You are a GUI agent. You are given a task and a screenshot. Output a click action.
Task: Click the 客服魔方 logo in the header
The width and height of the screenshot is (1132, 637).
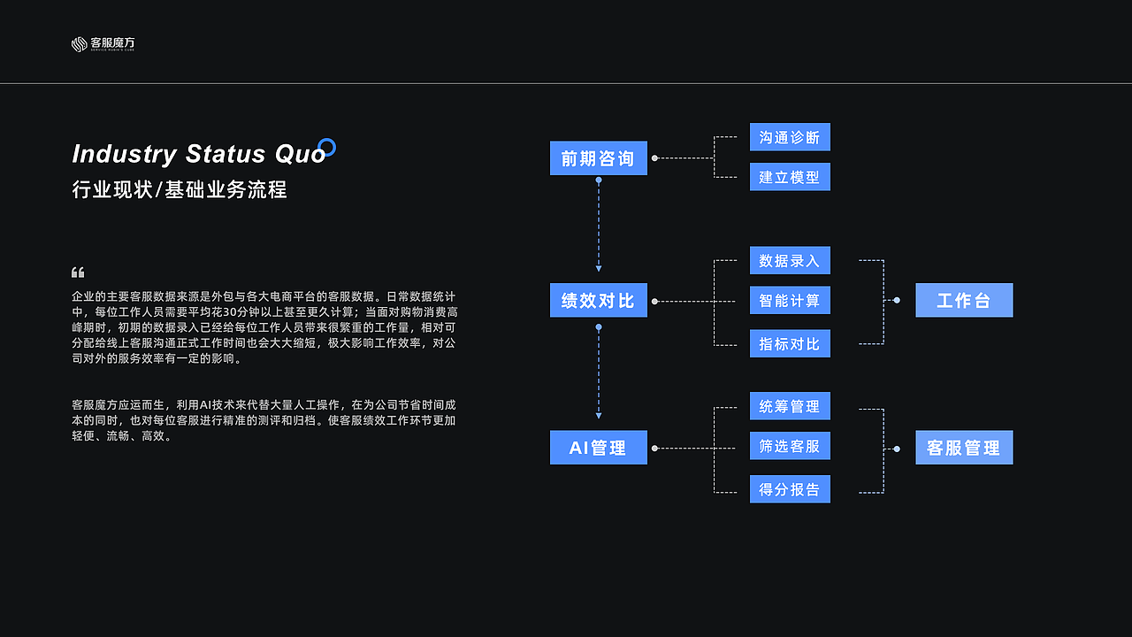click(103, 43)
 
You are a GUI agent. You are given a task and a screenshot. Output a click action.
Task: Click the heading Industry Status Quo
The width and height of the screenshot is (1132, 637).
click(199, 154)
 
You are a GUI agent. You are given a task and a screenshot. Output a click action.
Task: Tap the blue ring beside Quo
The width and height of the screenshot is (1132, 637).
click(326, 147)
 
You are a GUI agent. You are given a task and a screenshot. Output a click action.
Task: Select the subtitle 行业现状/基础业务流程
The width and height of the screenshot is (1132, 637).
click(180, 189)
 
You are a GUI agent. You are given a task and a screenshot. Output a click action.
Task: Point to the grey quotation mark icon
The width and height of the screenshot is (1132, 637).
click(78, 272)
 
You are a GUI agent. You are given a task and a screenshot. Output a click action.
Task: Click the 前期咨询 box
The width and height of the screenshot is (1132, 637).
click(598, 158)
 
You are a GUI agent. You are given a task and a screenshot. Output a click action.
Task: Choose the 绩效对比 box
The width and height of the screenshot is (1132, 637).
click(598, 301)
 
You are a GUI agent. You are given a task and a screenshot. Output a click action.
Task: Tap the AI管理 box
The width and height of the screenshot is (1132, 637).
click(598, 448)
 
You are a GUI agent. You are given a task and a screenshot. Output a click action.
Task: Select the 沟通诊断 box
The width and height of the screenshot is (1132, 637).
click(790, 137)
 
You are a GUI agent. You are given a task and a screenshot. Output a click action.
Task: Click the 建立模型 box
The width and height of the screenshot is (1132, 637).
click(790, 177)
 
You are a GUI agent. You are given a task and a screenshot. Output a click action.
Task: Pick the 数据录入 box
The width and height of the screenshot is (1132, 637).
click(790, 260)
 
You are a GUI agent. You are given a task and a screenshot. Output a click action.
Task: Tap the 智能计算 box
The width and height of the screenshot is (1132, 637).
click(790, 301)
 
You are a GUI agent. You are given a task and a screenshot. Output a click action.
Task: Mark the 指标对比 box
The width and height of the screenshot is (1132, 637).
click(790, 343)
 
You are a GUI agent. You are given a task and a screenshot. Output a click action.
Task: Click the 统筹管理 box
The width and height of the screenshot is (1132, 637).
click(790, 406)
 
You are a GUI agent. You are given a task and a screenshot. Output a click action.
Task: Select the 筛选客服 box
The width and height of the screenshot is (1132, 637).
click(790, 446)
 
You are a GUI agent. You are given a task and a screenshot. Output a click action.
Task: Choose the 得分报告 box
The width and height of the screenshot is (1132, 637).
click(790, 488)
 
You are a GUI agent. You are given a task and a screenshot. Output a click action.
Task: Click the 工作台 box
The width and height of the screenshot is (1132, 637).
click(964, 301)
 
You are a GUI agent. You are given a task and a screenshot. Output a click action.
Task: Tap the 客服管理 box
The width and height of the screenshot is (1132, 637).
click(964, 448)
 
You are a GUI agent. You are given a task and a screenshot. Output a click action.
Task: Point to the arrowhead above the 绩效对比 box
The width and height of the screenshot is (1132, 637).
click(599, 267)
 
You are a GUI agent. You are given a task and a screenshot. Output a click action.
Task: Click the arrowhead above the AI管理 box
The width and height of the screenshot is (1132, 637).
click(599, 415)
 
